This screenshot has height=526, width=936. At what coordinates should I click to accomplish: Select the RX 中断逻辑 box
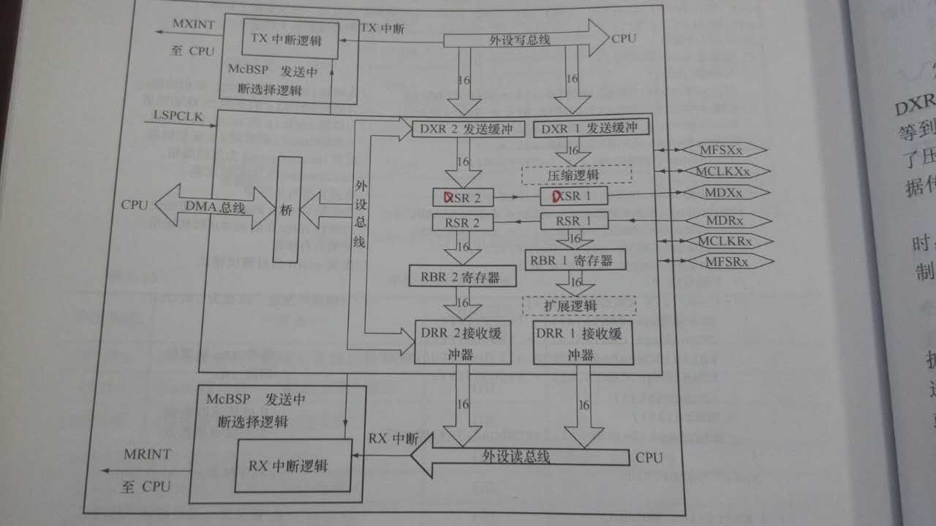(x=290, y=465)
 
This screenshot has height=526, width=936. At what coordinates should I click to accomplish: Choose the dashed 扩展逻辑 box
(x=578, y=305)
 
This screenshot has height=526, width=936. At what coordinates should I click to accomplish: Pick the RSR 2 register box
(x=461, y=222)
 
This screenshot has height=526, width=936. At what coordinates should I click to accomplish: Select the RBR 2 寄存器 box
(x=462, y=276)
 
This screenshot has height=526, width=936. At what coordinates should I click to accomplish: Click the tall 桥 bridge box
(x=286, y=209)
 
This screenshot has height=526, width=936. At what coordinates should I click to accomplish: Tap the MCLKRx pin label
(x=724, y=240)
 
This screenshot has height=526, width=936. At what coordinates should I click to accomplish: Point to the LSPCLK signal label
(x=173, y=116)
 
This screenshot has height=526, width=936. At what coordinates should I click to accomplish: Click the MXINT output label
(x=193, y=25)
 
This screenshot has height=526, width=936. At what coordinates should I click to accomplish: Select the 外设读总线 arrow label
(x=516, y=457)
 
